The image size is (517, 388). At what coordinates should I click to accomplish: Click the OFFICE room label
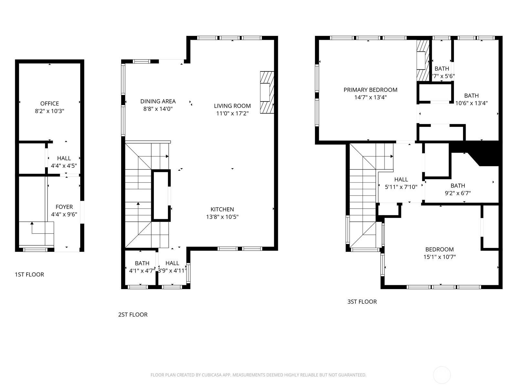(49, 103)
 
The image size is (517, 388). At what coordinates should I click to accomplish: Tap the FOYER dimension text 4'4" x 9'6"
(64, 214)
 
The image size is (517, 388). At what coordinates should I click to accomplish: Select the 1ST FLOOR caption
(29, 275)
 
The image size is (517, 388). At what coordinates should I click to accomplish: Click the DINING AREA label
(158, 101)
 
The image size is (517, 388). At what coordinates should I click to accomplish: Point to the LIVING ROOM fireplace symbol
(267, 92)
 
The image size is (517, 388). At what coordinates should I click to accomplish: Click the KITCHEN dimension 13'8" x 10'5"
(222, 217)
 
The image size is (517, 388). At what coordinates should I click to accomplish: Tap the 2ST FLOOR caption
(133, 315)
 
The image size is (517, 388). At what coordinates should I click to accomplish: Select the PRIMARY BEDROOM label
(370, 90)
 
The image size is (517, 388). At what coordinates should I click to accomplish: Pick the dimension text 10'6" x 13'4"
(471, 103)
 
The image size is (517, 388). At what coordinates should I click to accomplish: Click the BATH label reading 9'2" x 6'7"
(458, 186)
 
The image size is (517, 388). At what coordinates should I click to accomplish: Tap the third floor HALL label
(401, 179)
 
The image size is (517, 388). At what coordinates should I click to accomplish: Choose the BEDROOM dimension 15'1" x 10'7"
(439, 257)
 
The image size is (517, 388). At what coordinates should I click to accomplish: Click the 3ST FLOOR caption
(362, 302)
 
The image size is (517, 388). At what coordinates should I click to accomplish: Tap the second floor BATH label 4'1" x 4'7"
(142, 263)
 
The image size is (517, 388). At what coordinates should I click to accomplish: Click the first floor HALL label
(64, 158)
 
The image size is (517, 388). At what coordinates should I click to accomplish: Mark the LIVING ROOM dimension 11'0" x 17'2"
(232, 113)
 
